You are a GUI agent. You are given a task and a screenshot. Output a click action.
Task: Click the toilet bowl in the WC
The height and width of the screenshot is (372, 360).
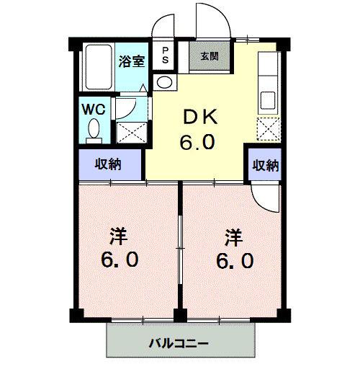click(x=93, y=130)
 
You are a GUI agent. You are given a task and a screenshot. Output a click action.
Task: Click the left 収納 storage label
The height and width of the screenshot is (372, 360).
click(x=109, y=164)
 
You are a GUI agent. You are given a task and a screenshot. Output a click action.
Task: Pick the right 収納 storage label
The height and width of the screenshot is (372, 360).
click(x=264, y=165)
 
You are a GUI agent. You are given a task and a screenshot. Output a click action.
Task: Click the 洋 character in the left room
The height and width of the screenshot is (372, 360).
click(x=120, y=235)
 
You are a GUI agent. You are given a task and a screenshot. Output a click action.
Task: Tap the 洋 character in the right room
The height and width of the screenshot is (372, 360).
click(x=232, y=235)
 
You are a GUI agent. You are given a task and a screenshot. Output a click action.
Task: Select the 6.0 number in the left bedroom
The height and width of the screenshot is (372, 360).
click(x=120, y=259)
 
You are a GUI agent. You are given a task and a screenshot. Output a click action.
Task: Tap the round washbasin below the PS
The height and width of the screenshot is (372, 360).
click(x=165, y=81)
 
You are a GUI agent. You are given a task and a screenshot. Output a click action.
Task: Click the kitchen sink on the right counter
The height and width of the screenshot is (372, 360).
click(x=267, y=98)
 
